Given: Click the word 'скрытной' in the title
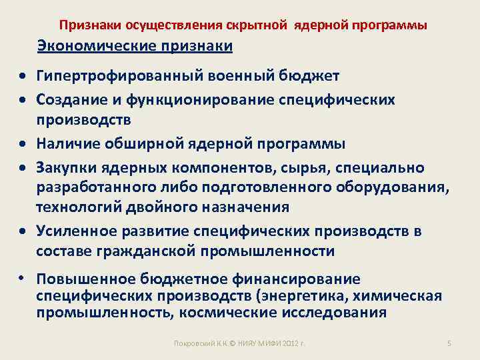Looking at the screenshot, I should pos(257,25).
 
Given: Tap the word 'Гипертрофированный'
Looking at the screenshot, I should pos(103,76).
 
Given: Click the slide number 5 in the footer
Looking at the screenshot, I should pos(449,343).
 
